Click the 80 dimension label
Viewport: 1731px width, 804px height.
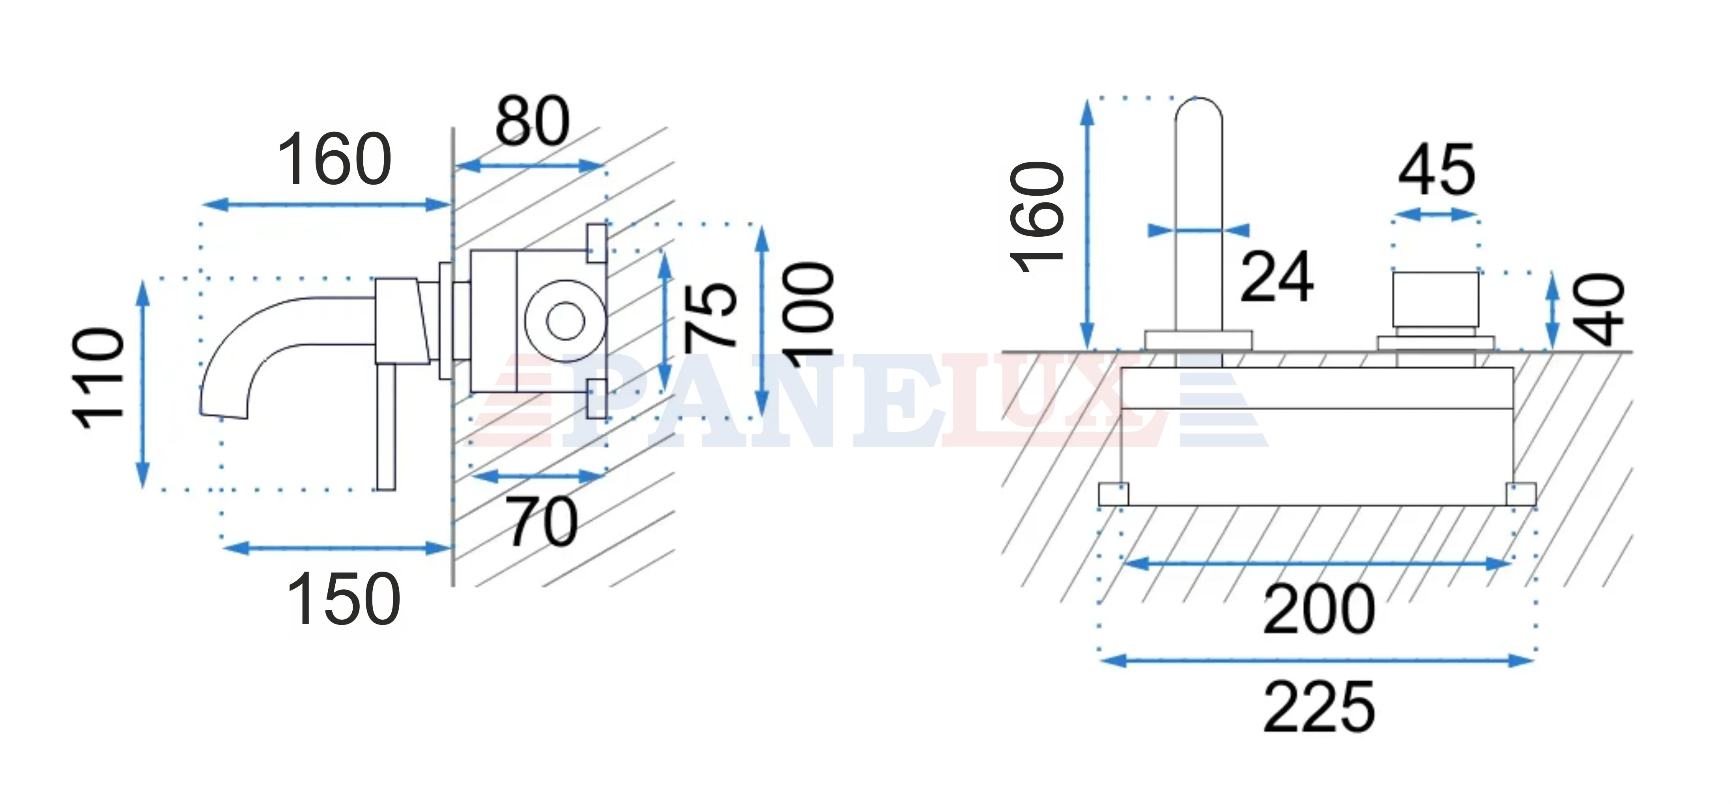coord(532,121)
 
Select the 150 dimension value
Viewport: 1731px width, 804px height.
coord(343,599)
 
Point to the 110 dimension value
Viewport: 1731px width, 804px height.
coord(99,378)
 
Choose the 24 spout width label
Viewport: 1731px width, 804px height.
coord(1276,276)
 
